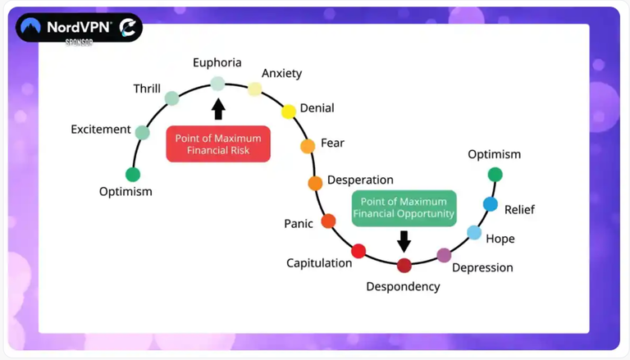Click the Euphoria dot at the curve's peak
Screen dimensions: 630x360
point(217,84)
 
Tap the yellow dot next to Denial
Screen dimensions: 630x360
point(289,112)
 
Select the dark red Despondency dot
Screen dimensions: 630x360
point(404,266)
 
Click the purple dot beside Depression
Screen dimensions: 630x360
point(444,255)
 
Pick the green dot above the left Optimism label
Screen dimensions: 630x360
point(133,175)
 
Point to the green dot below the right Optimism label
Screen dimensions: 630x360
point(495,175)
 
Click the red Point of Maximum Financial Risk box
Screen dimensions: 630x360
point(218,144)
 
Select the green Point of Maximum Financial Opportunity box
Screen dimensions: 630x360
point(404,207)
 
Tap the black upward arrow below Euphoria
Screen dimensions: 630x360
point(218,109)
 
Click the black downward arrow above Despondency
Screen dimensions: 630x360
point(404,241)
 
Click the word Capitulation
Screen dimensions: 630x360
point(319,263)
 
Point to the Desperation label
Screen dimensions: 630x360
point(360,180)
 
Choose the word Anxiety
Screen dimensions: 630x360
point(281,74)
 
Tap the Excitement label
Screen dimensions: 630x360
point(101,130)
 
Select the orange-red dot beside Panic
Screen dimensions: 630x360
point(328,221)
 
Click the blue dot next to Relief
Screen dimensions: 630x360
point(491,204)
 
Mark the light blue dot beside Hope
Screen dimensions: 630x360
point(474,232)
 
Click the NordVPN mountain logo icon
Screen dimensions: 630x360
point(31,26)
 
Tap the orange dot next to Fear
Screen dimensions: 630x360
point(308,146)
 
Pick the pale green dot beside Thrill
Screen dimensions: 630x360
point(172,98)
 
